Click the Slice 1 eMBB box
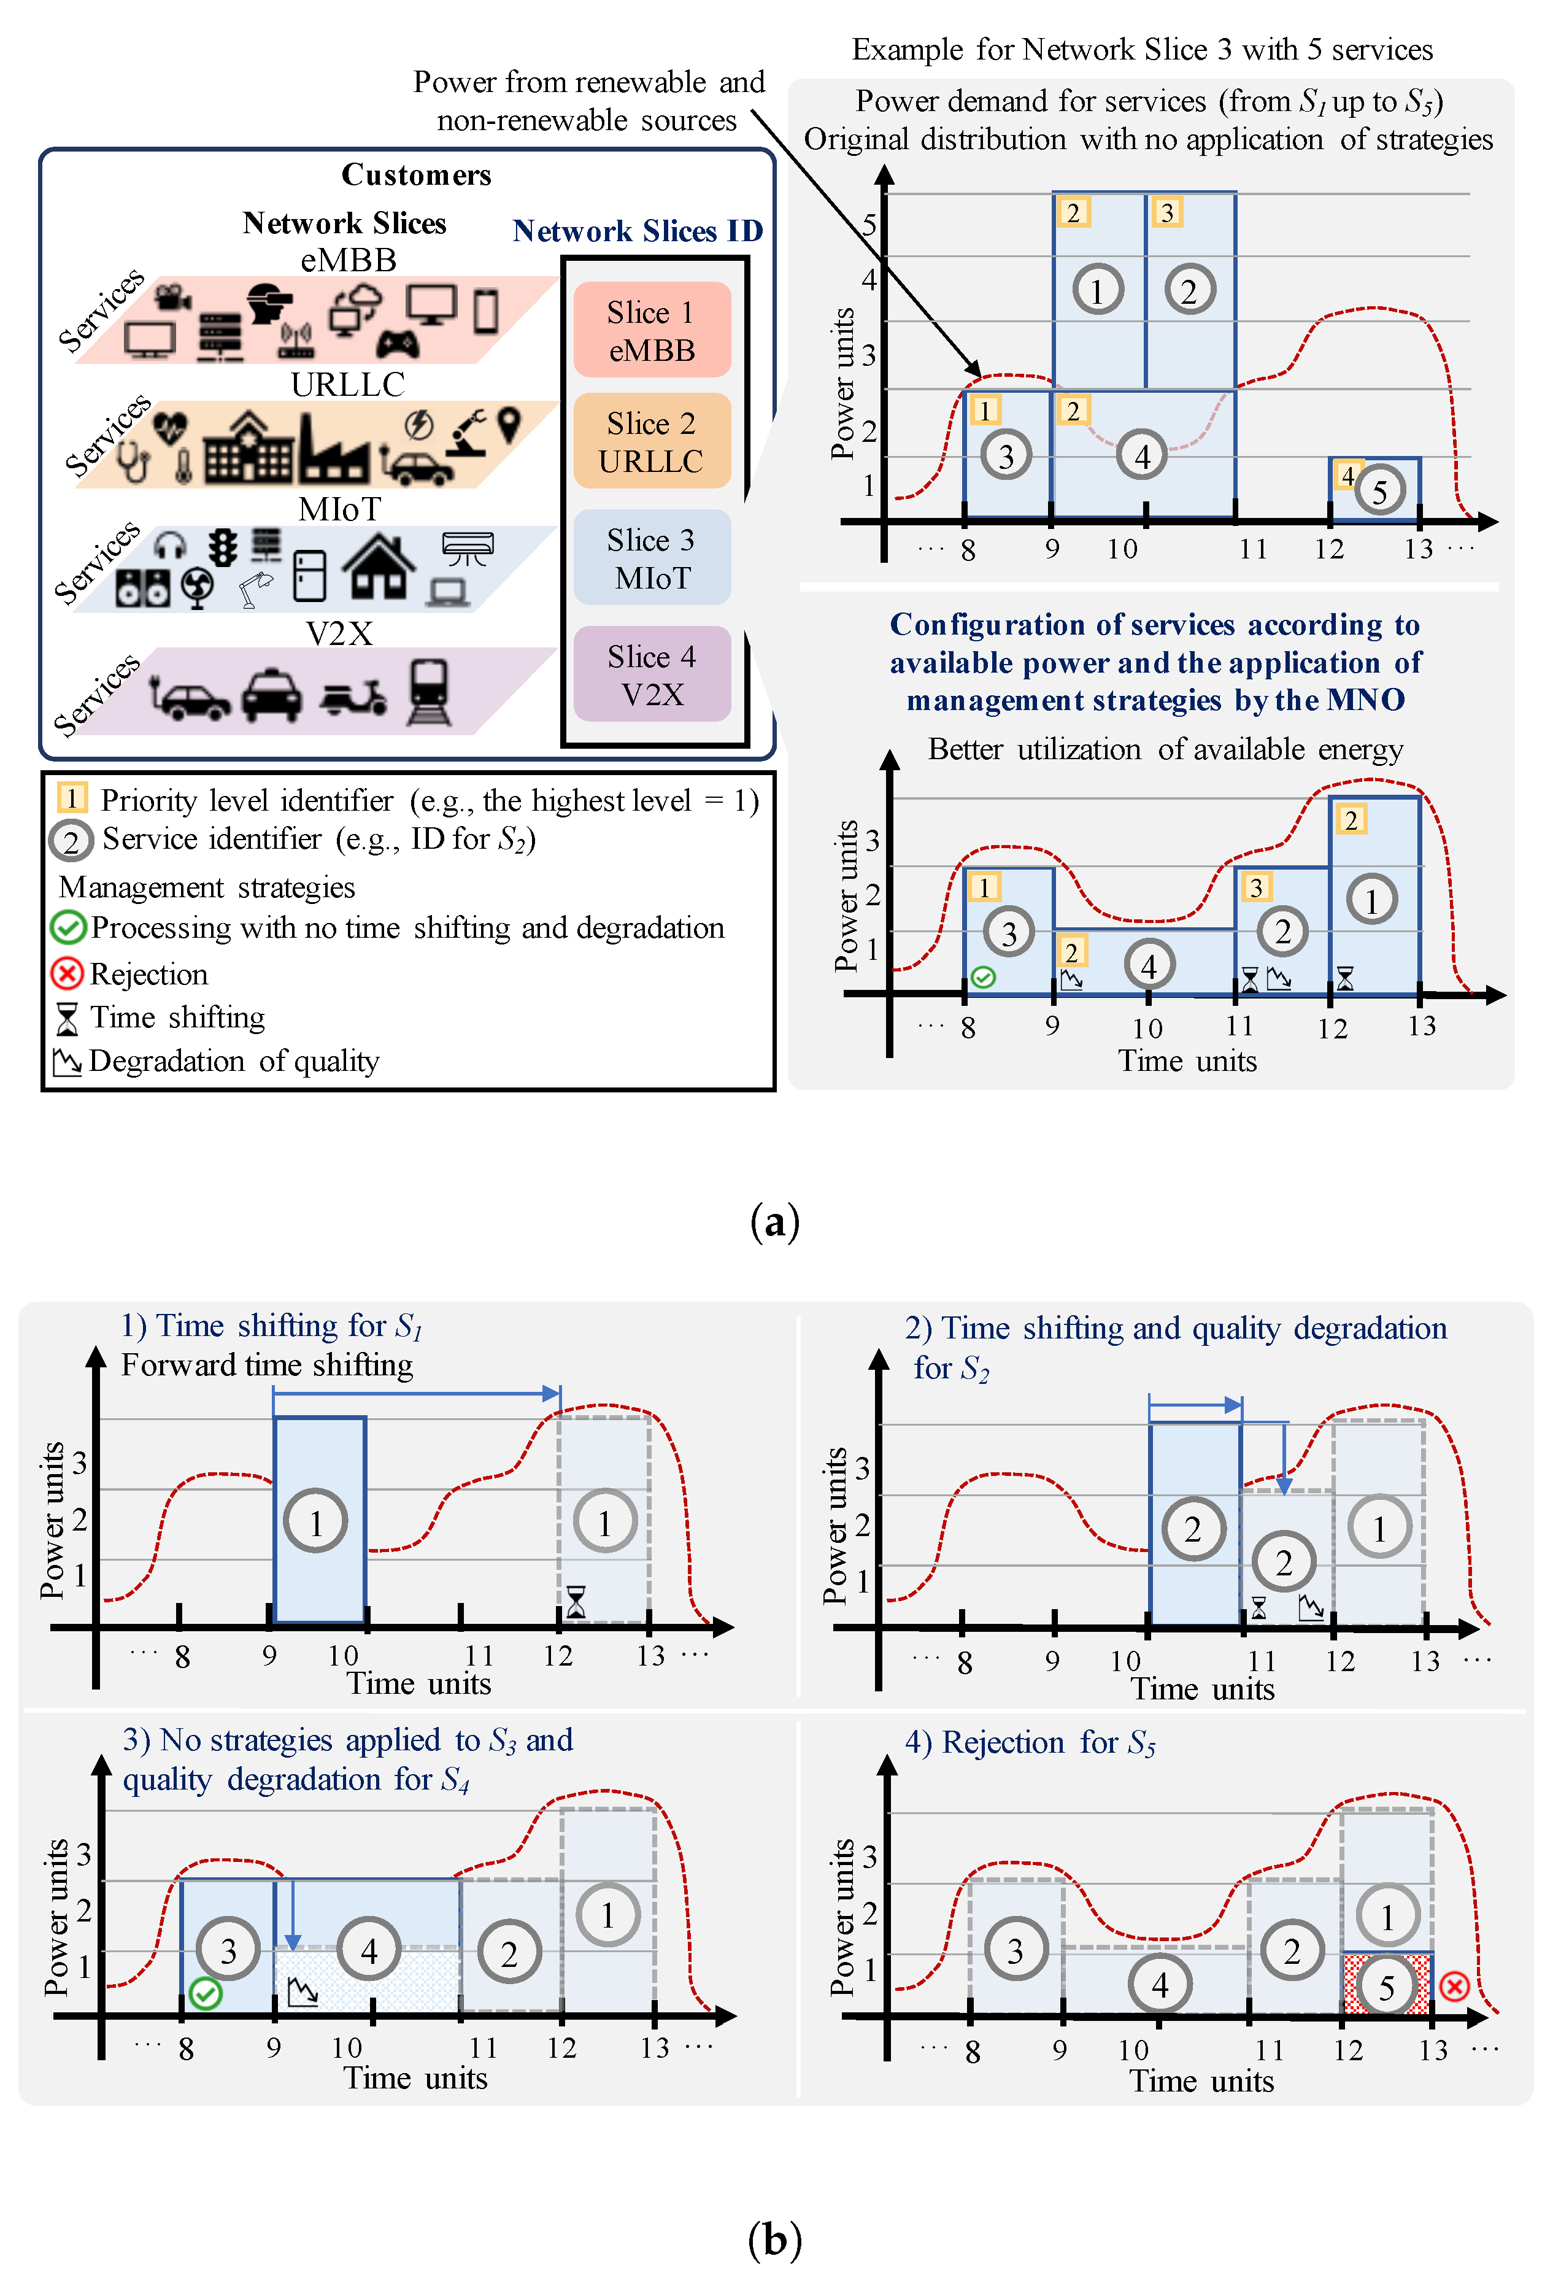click(652, 330)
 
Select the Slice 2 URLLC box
click(652, 441)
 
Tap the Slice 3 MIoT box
click(652, 558)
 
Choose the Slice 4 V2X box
click(652, 674)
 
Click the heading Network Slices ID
click(637, 231)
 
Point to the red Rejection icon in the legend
click(66, 974)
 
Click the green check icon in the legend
click(67, 927)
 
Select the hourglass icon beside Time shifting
click(66, 1019)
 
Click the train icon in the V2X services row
click(429, 692)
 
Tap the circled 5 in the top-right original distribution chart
click(1379, 492)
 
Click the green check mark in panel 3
click(206, 1992)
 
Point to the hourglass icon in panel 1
click(576, 1602)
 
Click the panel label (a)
click(774, 1222)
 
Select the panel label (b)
click(774, 2239)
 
